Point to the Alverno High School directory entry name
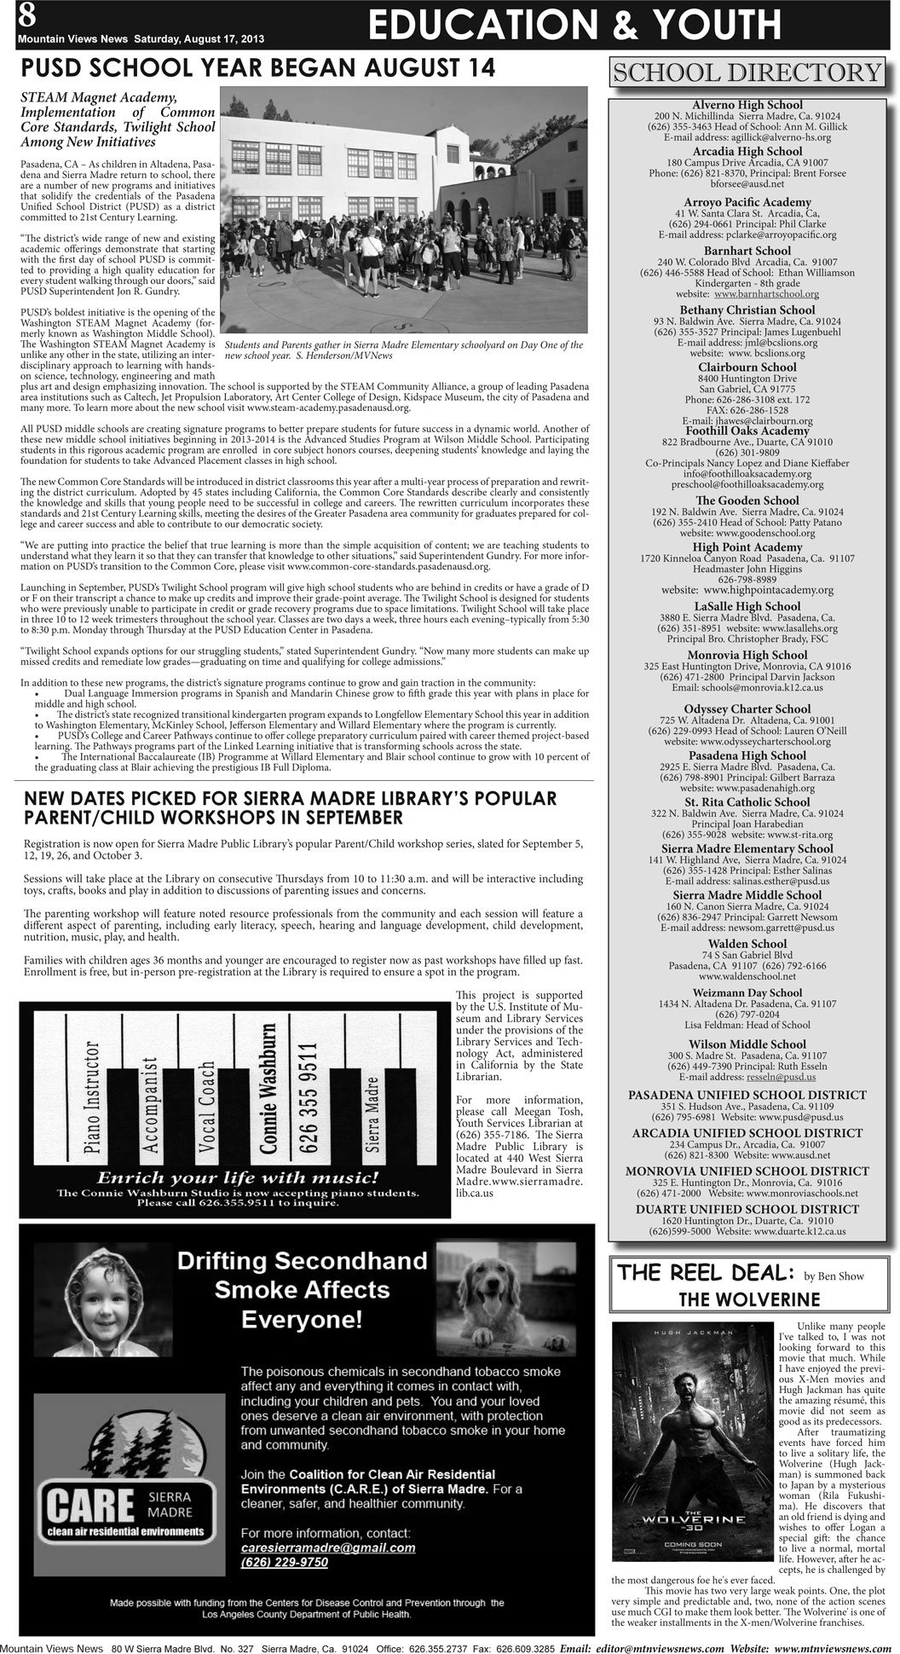click(747, 105)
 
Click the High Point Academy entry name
click(747, 547)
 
